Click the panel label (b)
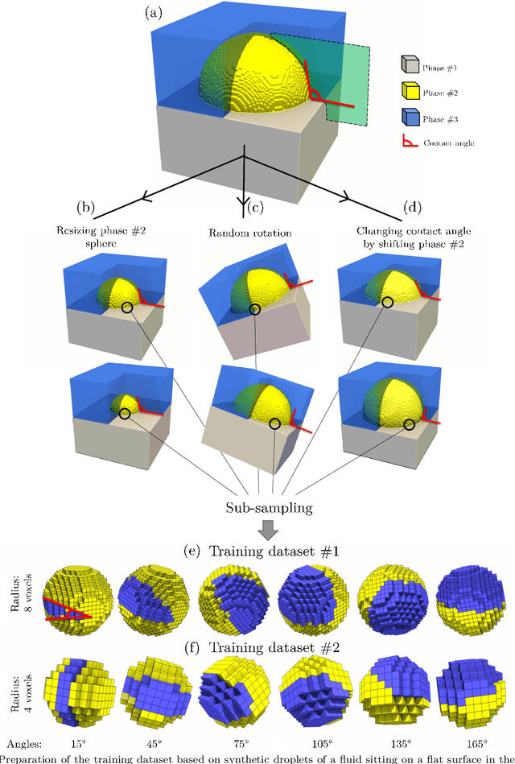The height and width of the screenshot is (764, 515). coord(86,206)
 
